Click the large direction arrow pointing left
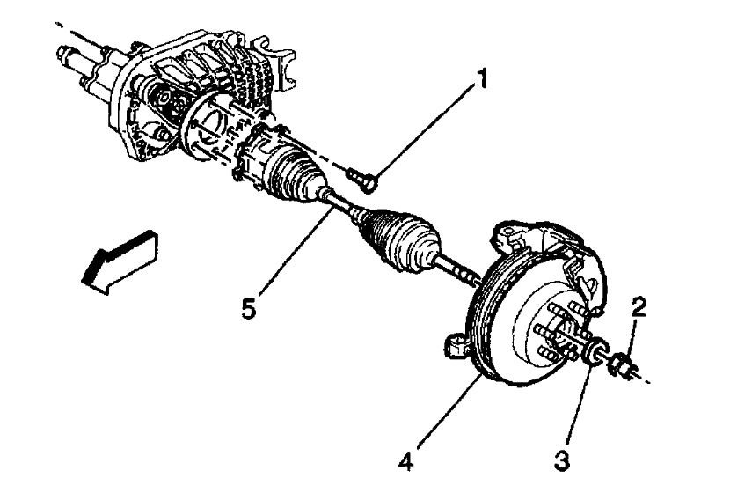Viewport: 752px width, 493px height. tap(118, 257)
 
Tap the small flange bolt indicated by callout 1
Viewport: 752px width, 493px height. tap(361, 179)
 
